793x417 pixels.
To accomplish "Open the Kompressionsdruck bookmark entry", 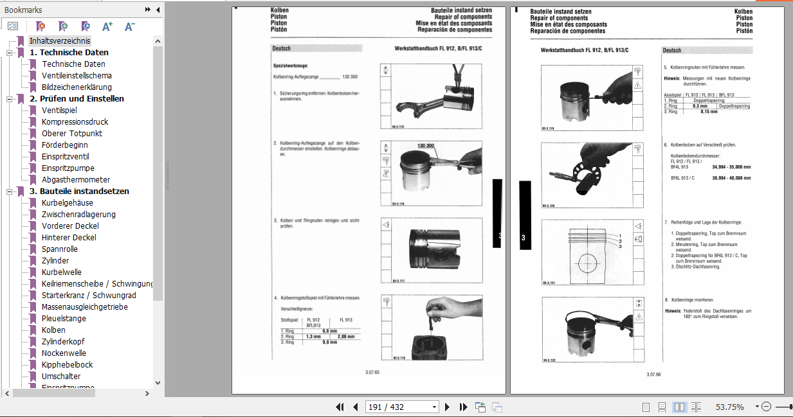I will click(75, 121).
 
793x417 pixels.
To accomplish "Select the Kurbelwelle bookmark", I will click(62, 272).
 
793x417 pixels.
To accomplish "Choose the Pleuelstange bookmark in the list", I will click(64, 318).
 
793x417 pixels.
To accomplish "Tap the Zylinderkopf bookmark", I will click(63, 341).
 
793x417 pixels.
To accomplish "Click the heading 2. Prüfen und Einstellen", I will click(77, 98).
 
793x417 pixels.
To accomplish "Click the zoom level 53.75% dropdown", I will click(729, 407).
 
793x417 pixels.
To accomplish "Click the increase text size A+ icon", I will click(107, 26).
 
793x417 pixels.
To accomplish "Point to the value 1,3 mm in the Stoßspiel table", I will click(313, 336).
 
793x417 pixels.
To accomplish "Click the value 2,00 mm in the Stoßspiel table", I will click(346, 336).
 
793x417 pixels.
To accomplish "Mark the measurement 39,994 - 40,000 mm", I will click(732, 178).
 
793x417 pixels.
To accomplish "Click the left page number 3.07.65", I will click(372, 372).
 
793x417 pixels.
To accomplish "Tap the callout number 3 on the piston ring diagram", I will click(620, 247).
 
